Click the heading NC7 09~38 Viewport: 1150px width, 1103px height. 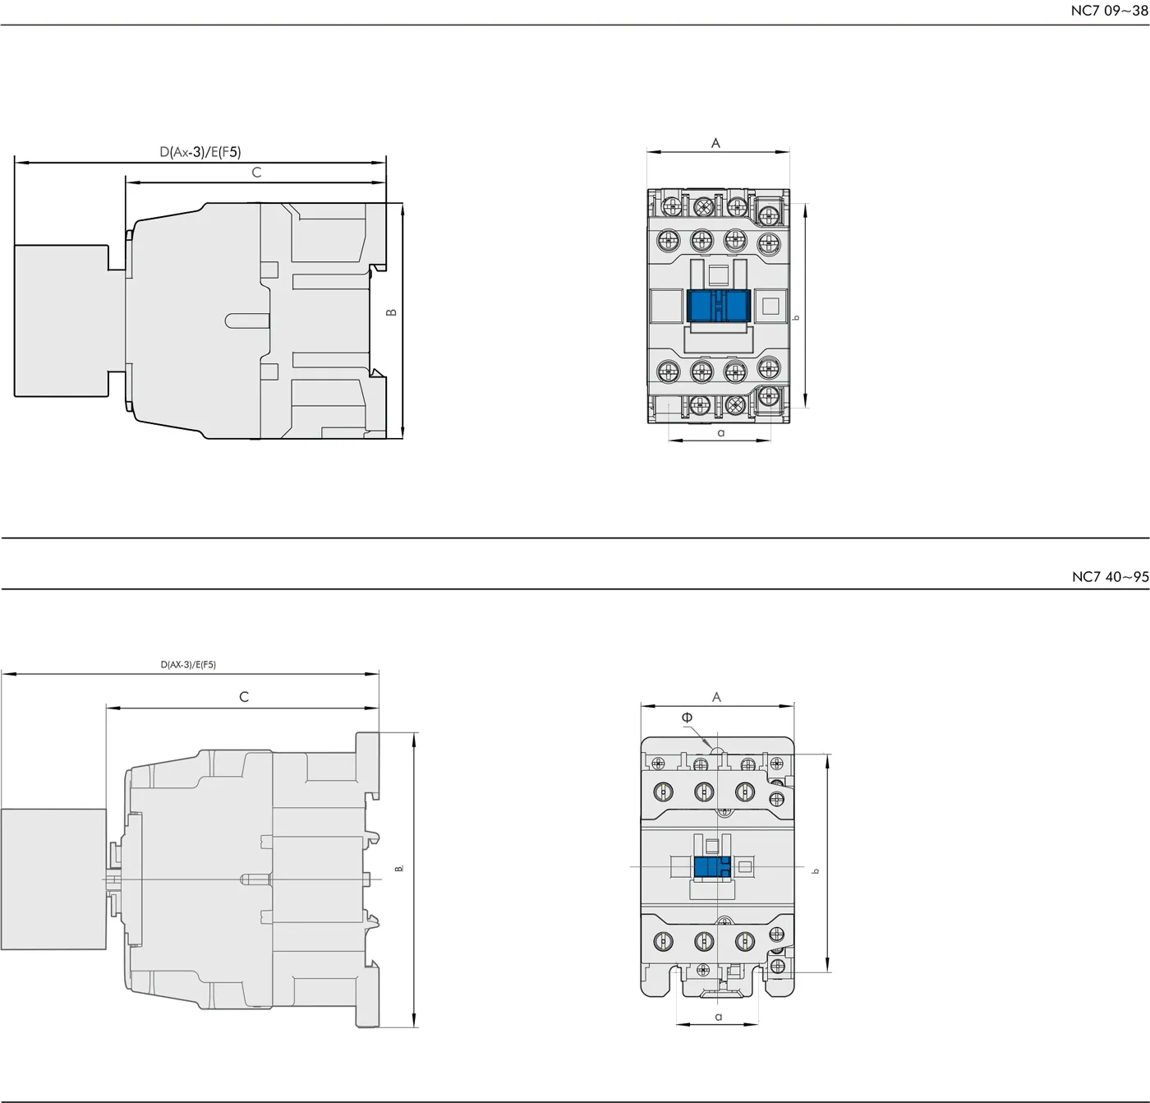pyautogui.click(x=1109, y=11)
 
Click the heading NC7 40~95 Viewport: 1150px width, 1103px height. pyautogui.click(x=1111, y=577)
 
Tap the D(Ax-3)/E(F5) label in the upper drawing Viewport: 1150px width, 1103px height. pyautogui.click(x=200, y=152)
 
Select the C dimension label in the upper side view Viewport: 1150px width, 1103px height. pyautogui.click(x=256, y=172)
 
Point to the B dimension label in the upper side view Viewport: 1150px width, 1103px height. pyautogui.click(x=391, y=312)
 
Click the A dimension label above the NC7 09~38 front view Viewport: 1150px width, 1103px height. pyautogui.click(x=715, y=142)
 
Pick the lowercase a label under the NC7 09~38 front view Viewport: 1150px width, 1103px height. pyautogui.click(x=721, y=433)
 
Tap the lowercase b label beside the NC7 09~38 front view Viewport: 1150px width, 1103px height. pyautogui.click(x=797, y=318)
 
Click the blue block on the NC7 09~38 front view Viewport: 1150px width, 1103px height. pyautogui.click(x=718, y=306)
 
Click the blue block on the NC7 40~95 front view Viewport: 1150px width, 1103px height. pyautogui.click(x=712, y=867)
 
